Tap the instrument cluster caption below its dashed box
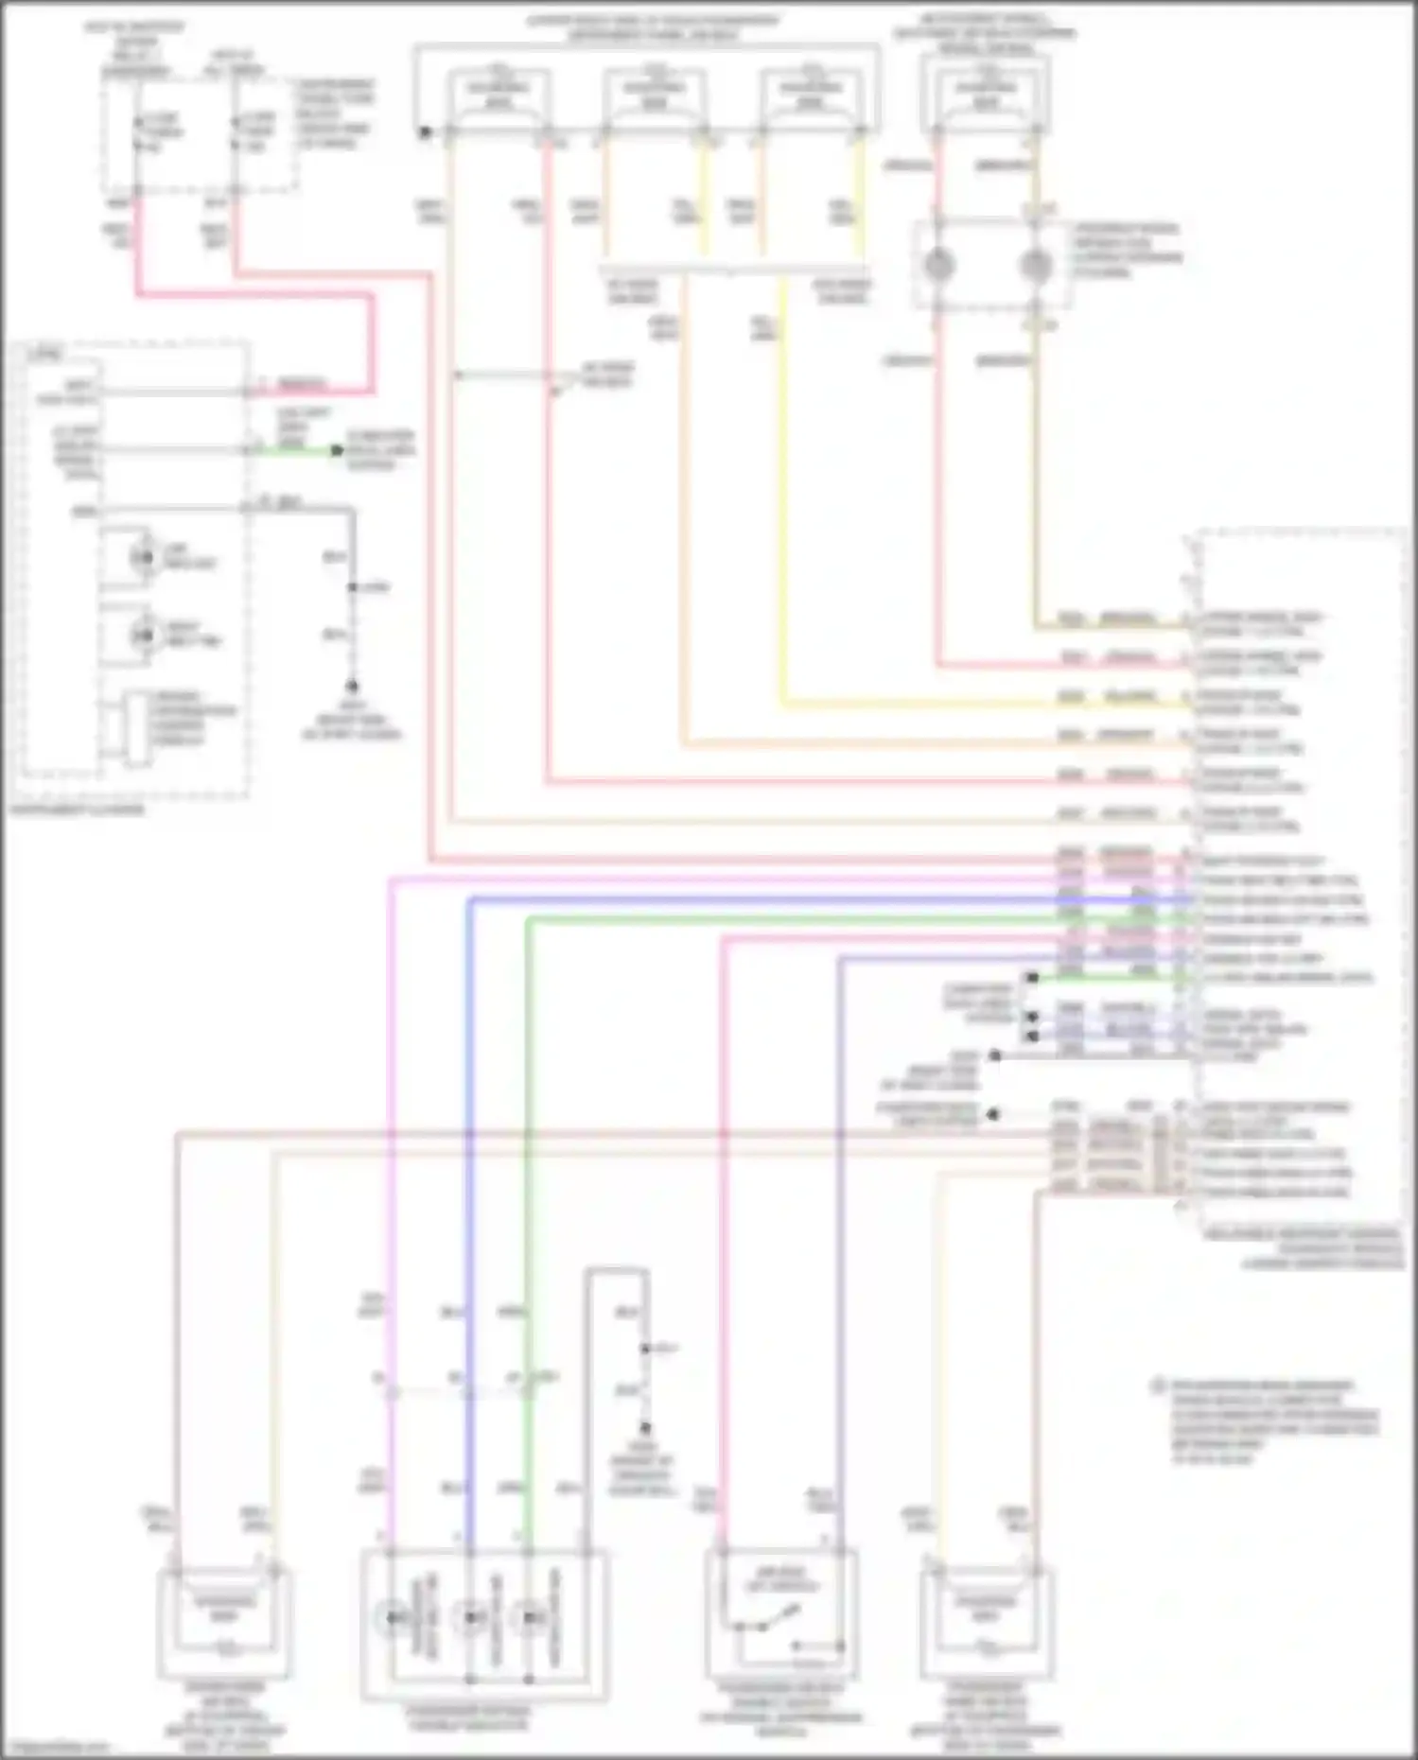(x=77, y=810)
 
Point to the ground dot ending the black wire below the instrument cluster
(x=352, y=686)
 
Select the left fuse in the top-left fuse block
(x=137, y=133)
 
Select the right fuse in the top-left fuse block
(x=234, y=133)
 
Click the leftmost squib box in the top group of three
(x=498, y=95)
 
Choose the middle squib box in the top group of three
(x=655, y=95)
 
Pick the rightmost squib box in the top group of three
(x=811, y=95)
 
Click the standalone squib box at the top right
(x=985, y=95)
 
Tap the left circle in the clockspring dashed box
(x=937, y=266)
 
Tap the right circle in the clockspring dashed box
(x=1035, y=266)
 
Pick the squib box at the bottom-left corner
(x=224, y=1620)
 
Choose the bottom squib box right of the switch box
(x=986, y=1620)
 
